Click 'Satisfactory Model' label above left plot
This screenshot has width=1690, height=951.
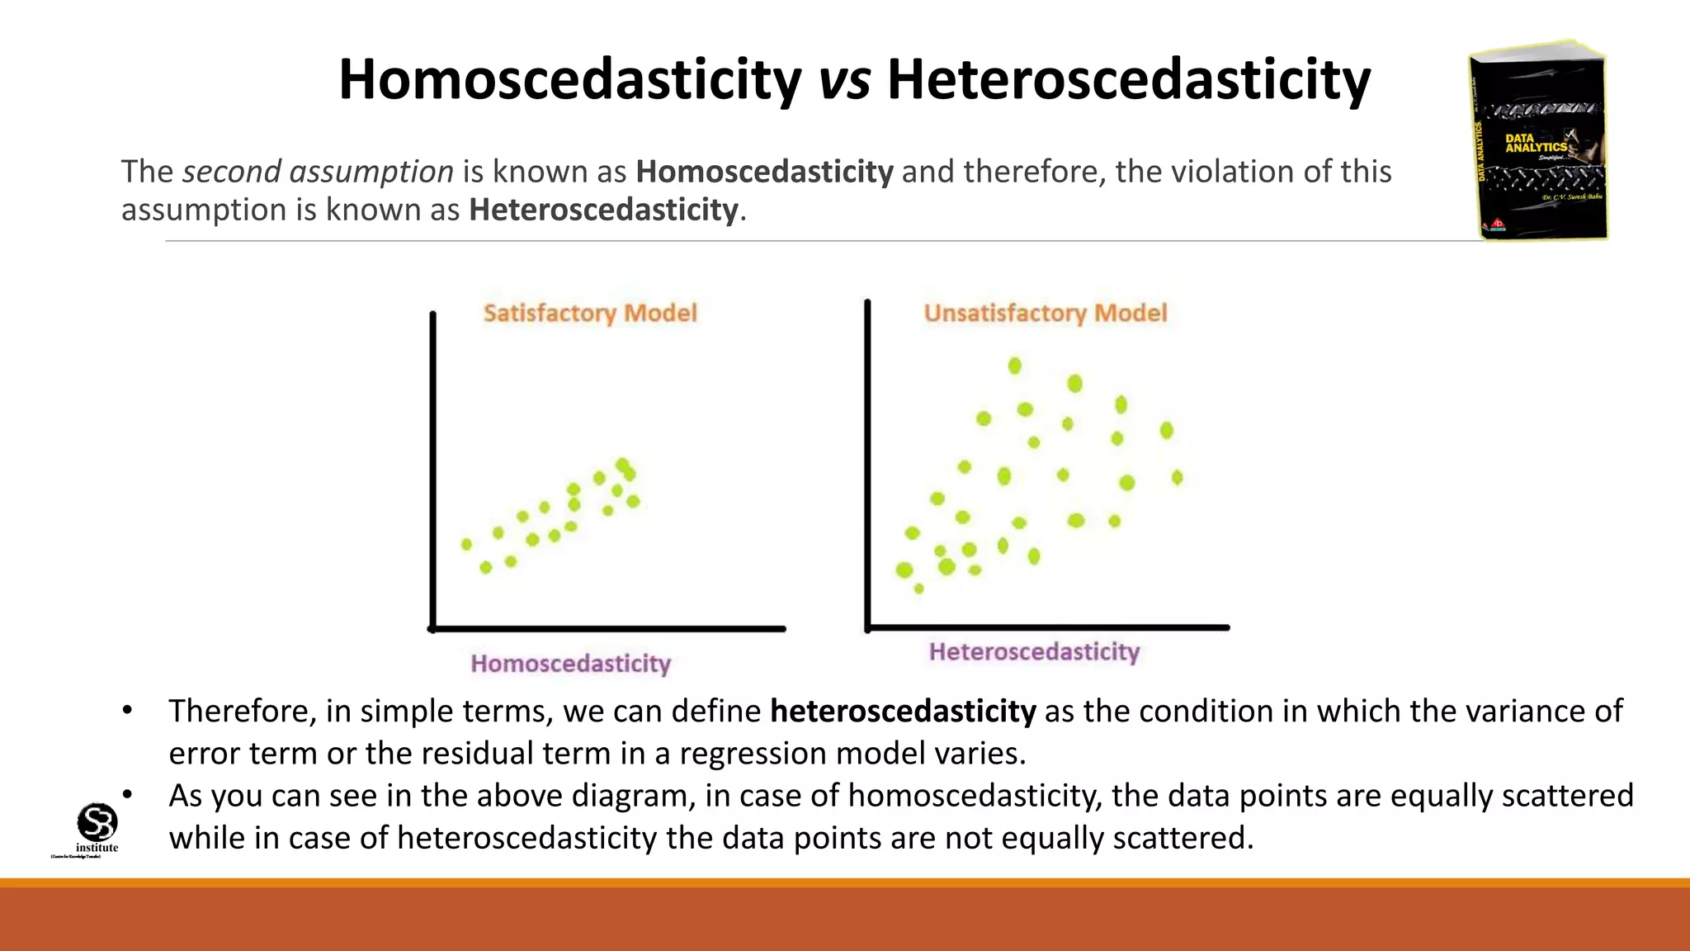(x=590, y=313)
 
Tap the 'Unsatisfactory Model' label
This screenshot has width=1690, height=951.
(x=1046, y=313)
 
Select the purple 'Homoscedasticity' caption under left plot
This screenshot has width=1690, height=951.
(x=571, y=664)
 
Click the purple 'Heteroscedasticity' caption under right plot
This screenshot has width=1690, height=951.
(x=1034, y=652)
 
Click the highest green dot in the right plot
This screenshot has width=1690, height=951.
(x=1015, y=366)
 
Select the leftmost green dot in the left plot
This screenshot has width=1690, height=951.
(x=466, y=544)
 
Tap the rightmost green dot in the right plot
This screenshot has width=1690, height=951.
(x=1178, y=477)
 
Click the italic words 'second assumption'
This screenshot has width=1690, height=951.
(x=318, y=172)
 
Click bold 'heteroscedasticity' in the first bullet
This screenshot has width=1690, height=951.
(x=903, y=712)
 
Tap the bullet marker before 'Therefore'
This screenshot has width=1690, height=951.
(x=127, y=711)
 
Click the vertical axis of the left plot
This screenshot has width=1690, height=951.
(x=432, y=471)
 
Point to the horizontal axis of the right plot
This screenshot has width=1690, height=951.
(x=1048, y=627)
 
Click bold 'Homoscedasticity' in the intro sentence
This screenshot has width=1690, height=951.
(x=764, y=172)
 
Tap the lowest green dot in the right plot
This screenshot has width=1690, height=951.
(x=919, y=589)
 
